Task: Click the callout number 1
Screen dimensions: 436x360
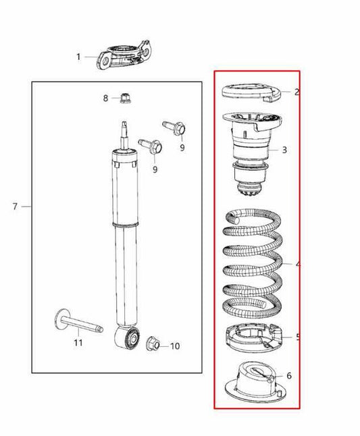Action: [x=78, y=57]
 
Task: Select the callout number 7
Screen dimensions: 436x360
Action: [x=15, y=206]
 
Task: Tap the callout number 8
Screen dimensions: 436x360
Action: [x=105, y=98]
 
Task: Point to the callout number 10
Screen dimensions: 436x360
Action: [x=175, y=346]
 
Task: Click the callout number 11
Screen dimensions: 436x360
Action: [x=78, y=343]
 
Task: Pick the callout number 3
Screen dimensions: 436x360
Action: [x=284, y=149]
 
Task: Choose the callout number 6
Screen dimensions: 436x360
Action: [x=289, y=375]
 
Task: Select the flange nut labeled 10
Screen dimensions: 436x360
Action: [x=153, y=345]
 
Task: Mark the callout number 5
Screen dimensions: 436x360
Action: [x=298, y=337]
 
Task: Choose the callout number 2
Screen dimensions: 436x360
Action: [x=297, y=92]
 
